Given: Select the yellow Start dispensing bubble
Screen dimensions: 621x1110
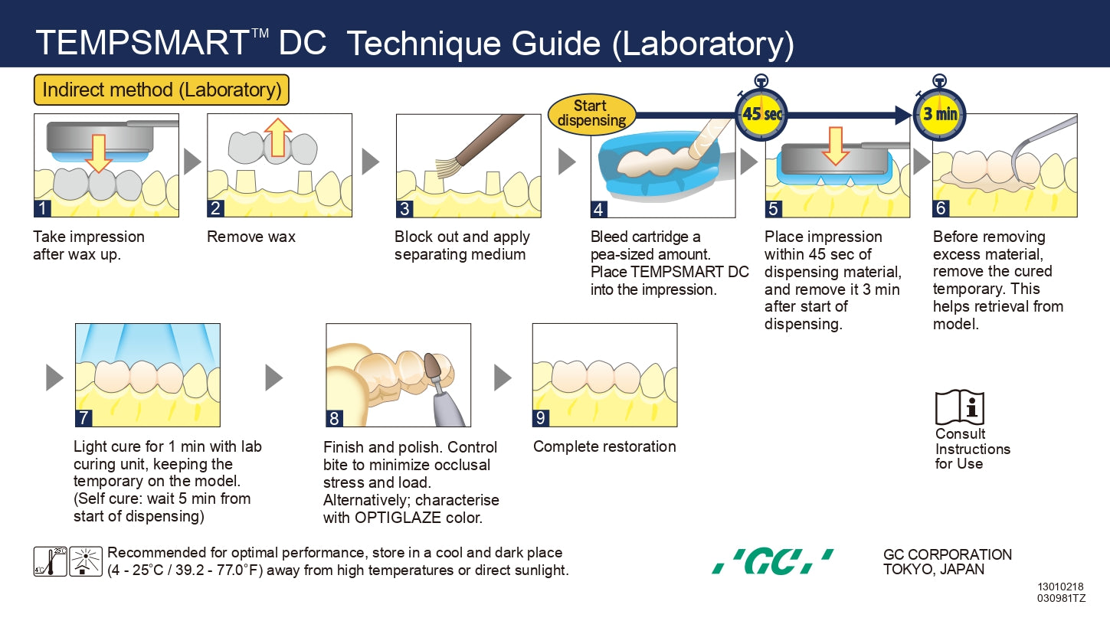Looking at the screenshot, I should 591,113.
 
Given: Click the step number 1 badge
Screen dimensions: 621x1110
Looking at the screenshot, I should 43,208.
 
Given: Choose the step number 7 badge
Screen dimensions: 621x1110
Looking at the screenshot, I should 83,418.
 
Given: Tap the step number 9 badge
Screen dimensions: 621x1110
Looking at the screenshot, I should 541,418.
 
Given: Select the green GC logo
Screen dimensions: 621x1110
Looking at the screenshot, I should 772,562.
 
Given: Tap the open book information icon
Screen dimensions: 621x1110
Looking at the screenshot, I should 959,408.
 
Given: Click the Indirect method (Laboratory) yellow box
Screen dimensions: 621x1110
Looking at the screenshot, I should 162,90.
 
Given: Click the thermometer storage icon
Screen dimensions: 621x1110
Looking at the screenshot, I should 50,561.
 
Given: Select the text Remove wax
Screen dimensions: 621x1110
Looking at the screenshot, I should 251,237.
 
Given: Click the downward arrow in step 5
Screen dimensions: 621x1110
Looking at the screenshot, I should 835,145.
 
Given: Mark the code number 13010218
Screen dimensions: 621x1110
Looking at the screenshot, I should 1062,587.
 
